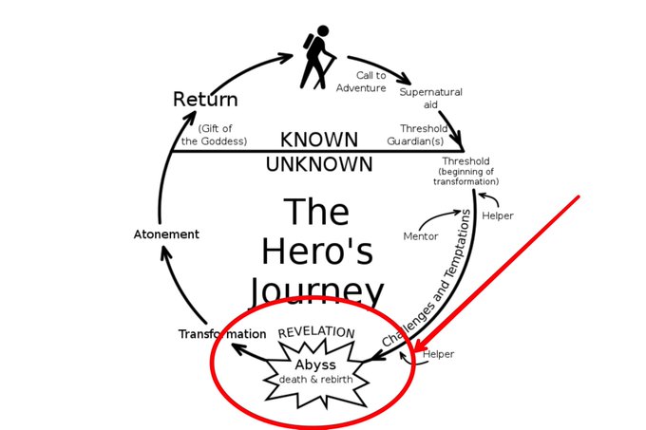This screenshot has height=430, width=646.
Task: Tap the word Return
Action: (x=205, y=99)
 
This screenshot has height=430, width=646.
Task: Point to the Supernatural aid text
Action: (x=430, y=98)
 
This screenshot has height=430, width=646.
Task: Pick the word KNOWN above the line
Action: (x=319, y=139)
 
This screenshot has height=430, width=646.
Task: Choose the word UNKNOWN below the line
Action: (x=319, y=164)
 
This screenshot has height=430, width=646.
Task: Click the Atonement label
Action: (x=166, y=234)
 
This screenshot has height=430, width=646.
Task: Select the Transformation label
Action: (x=222, y=334)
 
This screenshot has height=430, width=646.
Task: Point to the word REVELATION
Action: (x=315, y=333)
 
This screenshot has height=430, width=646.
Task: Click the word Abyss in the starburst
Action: (x=315, y=365)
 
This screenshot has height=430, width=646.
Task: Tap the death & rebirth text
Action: (x=315, y=380)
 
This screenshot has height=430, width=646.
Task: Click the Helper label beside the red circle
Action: (x=438, y=354)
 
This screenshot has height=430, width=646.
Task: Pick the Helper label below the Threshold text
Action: (x=498, y=215)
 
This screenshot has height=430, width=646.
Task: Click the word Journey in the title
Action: (x=317, y=289)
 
